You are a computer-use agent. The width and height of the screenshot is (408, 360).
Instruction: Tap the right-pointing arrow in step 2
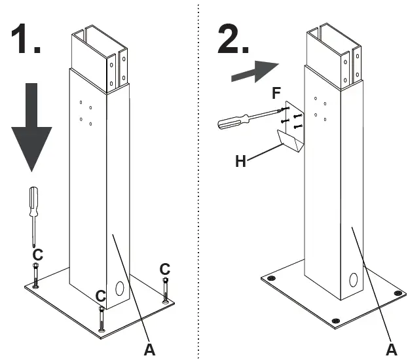pyautogui.click(x=255, y=69)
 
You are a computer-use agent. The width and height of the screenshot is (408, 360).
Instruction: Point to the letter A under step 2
pyautogui.click(x=392, y=348)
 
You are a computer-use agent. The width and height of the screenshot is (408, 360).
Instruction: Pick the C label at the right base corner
pyautogui.click(x=164, y=268)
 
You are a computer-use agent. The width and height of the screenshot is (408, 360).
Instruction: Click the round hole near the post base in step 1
pyautogui.click(x=119, y=288)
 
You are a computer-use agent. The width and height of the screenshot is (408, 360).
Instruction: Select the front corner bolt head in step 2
pyautogui.click(x=335, y=319)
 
